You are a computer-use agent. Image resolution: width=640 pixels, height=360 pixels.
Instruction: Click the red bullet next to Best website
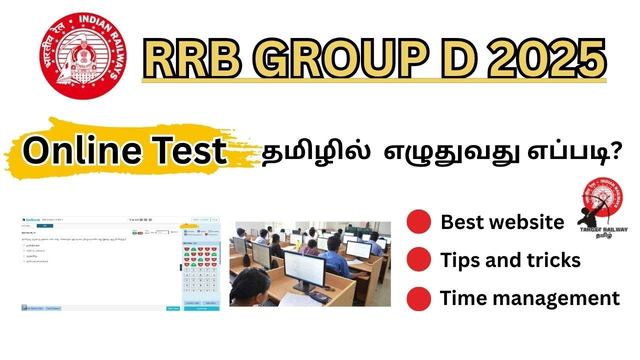[x=418, y=221]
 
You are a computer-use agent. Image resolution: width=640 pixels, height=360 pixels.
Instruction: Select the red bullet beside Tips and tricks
[x=418, y=260]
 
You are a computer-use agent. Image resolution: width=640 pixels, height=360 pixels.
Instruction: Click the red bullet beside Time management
[x=418, y=298]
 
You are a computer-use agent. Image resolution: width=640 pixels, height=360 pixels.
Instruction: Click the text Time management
[x=529, y=298]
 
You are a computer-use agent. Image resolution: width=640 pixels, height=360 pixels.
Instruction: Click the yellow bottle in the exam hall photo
[x=298, y=244]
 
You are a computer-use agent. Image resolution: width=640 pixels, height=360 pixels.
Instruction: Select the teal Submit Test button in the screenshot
[x=201, y=308]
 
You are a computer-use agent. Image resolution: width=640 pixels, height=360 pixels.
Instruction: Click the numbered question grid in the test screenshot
[x=201, y=267]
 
